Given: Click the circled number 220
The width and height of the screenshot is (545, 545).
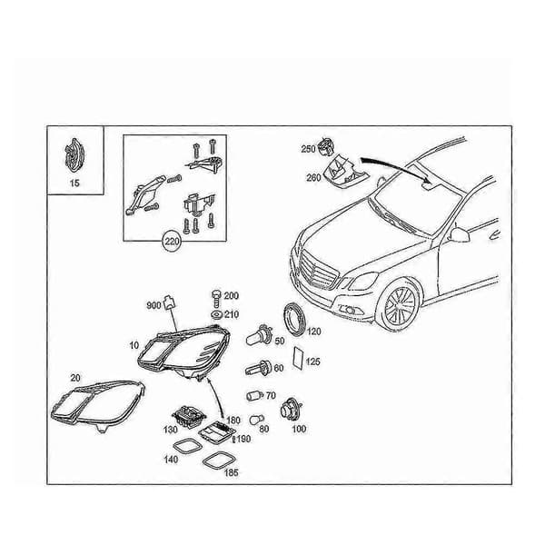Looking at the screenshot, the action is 173,241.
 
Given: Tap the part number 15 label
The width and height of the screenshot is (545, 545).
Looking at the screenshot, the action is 74,183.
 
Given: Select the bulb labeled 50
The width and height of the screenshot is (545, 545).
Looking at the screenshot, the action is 259,335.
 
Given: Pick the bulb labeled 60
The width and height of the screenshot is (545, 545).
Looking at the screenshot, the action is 259,367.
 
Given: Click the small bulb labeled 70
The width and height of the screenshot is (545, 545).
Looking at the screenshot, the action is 255,395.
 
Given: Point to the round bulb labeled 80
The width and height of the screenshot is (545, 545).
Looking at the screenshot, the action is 256,420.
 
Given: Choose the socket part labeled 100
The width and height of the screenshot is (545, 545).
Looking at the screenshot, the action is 291,410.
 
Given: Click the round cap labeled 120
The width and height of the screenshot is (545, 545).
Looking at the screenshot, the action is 294,320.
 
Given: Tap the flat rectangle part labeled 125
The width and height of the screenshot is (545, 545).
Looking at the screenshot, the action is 298,358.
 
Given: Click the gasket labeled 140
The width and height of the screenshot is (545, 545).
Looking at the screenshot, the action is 187,446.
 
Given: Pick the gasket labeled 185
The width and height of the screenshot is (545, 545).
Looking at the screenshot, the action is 218,461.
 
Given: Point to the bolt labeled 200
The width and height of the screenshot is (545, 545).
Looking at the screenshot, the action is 216,298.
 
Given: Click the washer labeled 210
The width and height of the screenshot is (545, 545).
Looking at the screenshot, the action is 216,315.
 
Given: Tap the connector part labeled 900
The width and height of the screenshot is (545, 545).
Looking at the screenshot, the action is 169,302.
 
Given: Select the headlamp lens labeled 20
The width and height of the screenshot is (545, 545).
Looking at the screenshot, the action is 98,406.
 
